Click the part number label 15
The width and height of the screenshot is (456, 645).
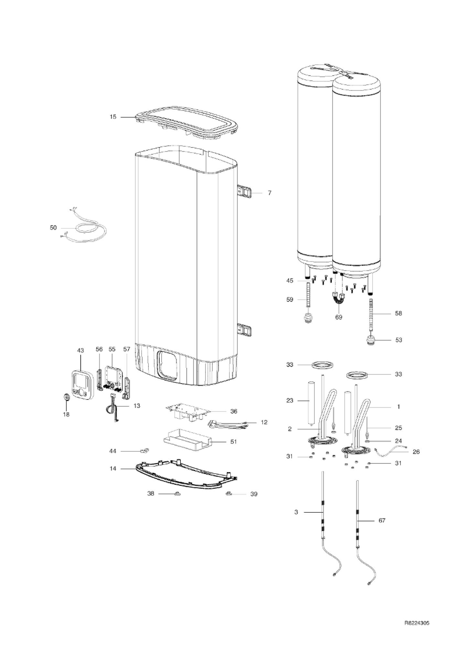click(113, 117)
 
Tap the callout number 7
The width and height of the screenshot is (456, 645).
click(269, 193)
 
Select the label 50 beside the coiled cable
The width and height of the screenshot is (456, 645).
click(53, 228)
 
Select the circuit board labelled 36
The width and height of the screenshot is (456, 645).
click(188, 412)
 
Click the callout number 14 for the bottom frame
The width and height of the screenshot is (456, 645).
click(113, 468)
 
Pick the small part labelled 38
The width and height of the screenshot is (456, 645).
click(177, 494)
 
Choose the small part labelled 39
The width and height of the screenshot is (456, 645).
click(229, 494)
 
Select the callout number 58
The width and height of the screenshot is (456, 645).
click(398, 313)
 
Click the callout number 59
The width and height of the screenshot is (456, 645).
click(290, 300)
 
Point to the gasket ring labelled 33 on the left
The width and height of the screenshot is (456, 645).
click(322, 365)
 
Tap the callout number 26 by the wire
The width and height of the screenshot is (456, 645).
click(416, 451)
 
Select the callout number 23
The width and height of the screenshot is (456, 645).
click(290, 400)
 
